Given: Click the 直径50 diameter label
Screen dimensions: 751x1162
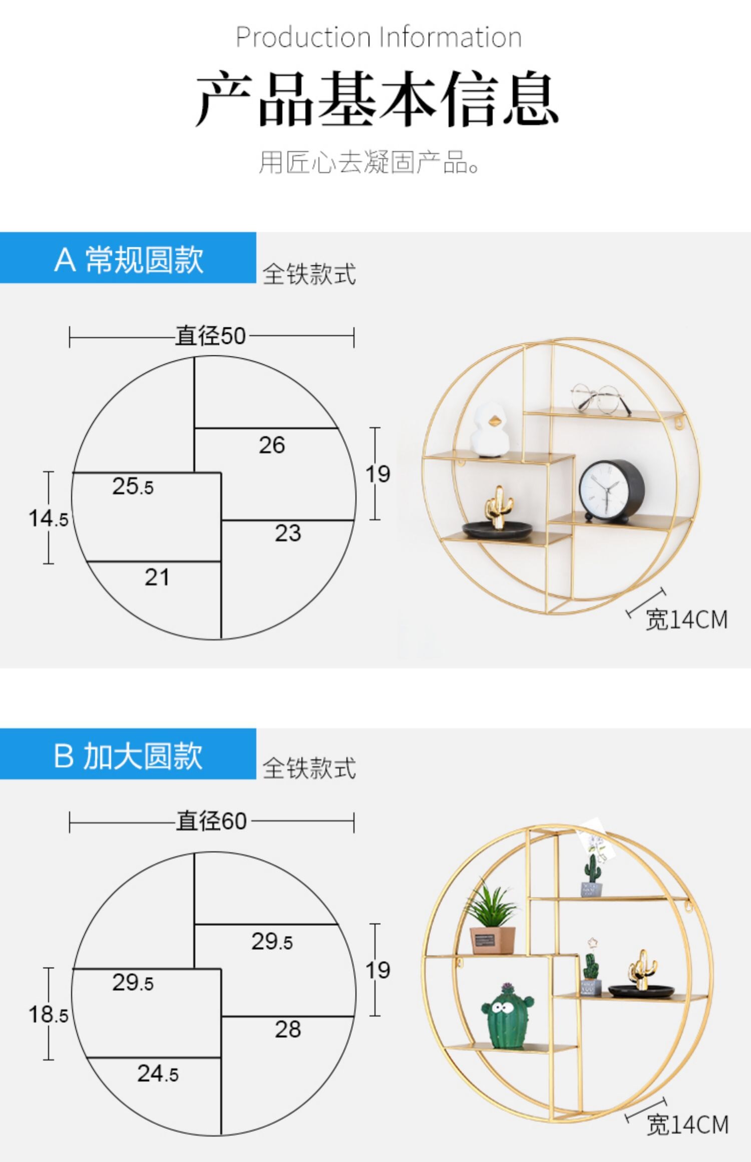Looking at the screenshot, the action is click(211, 336).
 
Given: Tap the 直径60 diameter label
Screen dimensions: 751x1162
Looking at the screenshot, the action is click(211, 822).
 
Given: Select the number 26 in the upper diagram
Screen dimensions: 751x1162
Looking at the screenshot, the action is click(272, 445).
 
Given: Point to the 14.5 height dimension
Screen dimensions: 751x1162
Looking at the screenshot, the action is click(48, 518).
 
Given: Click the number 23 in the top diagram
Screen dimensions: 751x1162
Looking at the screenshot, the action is click(288, 533).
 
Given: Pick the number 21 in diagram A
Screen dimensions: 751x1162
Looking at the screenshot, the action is click(157, 577).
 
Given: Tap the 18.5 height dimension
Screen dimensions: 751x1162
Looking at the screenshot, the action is click(48, 1014).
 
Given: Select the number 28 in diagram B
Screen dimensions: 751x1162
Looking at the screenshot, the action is click(288, 1029).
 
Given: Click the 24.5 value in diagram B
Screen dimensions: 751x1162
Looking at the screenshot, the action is click(158, 1073).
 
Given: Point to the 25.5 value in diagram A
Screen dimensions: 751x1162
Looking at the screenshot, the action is click(133, 486).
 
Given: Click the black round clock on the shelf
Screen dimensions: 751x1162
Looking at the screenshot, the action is click(611, 492).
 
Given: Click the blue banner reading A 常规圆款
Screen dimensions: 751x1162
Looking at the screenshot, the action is click(128, 258).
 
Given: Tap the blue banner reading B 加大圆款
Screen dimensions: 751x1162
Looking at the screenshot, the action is click(128, 754).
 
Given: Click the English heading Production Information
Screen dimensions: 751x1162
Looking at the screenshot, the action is click(379, 37).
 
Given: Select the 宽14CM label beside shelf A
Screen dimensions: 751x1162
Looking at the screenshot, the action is click(686, 620).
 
